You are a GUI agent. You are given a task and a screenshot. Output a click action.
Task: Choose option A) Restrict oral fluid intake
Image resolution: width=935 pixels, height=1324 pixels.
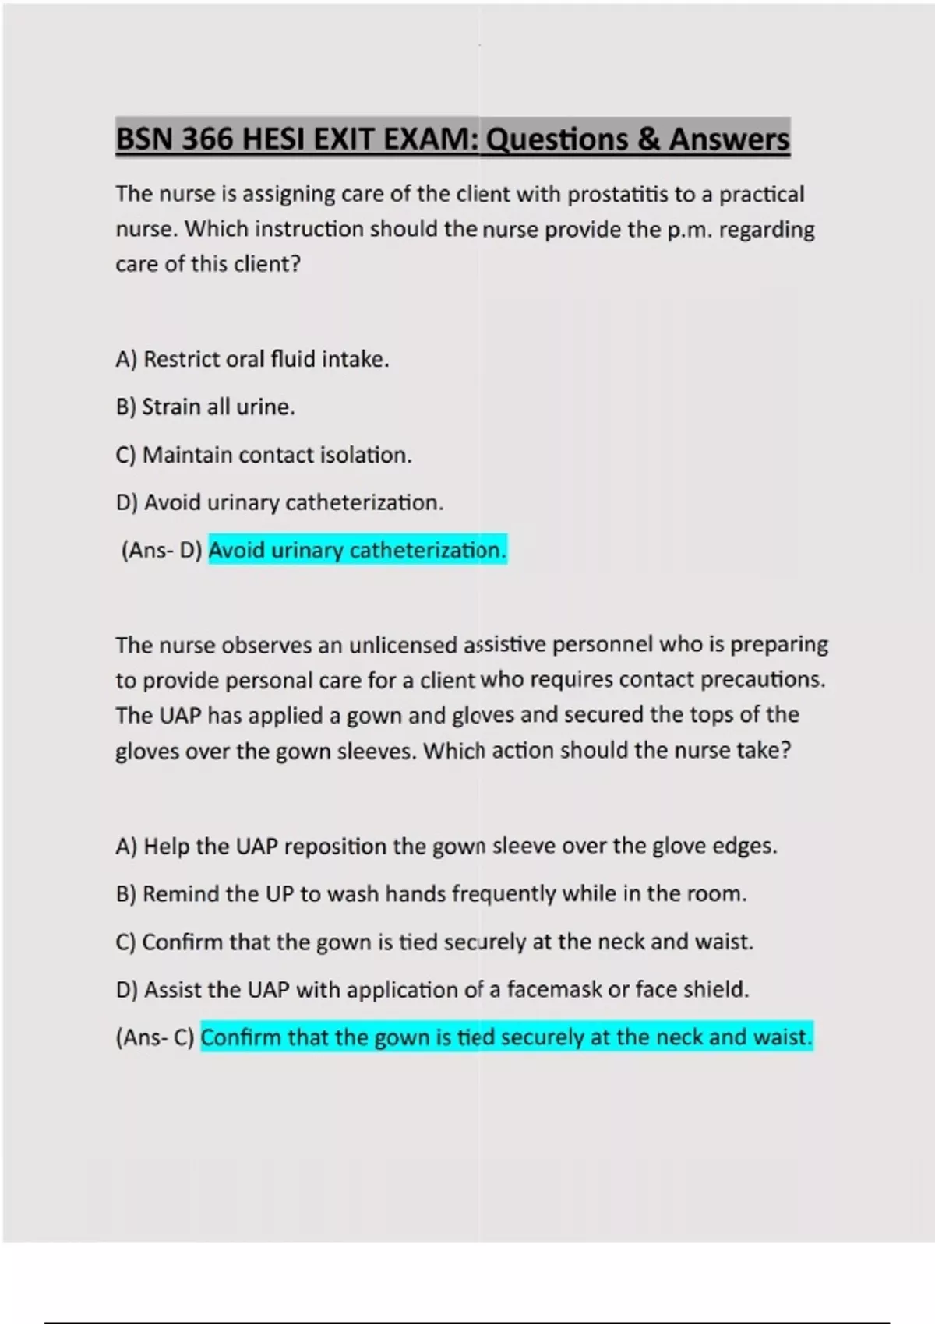pos(252,359)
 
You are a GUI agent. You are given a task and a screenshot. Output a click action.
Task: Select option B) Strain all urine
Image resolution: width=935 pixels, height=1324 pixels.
pos(205,407)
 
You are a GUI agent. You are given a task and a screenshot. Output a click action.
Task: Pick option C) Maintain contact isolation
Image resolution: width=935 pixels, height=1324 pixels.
pos(263,455)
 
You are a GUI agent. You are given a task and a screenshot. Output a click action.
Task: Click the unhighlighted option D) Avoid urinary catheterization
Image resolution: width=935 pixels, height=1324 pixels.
pos(279,502)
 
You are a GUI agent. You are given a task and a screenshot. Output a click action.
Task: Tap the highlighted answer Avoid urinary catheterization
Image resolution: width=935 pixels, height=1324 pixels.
pos(358,551)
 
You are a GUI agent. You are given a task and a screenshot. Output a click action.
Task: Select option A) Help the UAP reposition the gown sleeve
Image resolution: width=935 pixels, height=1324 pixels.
pos(446,846)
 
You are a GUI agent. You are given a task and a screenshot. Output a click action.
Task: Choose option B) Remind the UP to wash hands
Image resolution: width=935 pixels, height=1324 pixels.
pos(431,893)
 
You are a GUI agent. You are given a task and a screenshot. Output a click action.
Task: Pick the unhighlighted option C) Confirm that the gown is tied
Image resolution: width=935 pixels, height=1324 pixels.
pos(434,942)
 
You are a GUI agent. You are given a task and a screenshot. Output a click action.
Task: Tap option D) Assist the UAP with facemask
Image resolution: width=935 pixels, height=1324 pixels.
pos(432,989)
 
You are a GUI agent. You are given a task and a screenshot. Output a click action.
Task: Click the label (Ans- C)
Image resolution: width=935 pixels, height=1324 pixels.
pos(154,1037)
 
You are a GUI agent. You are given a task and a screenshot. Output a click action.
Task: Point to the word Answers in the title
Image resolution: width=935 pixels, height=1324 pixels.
pos(729,139)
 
